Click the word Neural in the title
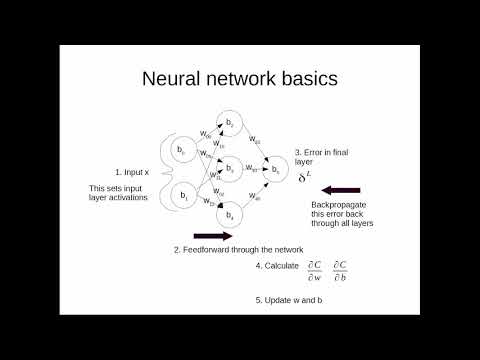point(175,78)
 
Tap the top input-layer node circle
point(183,150)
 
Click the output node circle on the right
point(277,172)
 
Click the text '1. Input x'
point(133,172)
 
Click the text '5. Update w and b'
point(290,300)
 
